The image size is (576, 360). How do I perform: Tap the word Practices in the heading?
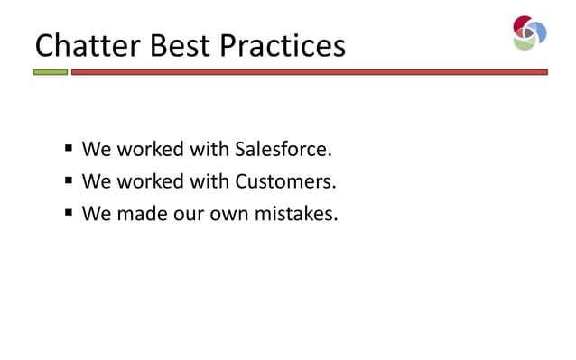tap(284, 44)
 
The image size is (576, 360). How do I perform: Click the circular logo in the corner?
tap(529, 32)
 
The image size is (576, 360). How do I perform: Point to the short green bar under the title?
tap(51, 72)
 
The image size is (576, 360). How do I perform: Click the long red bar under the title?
tap(309, 72)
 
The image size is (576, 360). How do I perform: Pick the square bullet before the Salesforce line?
tap(69, 148)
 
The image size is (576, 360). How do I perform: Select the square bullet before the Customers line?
tap(69, 180)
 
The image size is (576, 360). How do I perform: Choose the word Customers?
tap(285, 180)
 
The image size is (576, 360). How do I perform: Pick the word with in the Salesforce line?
tap(209, 148)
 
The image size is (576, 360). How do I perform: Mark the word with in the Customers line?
tap(209, 180)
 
